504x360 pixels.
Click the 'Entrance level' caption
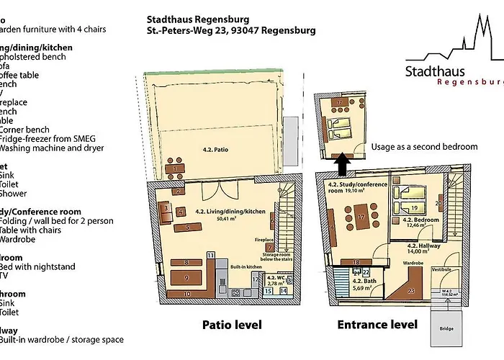(377, 325)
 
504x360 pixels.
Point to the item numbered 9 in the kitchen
(186, 276)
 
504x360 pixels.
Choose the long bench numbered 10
(186, 294)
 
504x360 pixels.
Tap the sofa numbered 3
(166, 210)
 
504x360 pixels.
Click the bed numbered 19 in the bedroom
(415, 209)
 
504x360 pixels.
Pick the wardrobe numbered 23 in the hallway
(410, 291)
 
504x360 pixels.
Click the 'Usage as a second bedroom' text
(424, 147)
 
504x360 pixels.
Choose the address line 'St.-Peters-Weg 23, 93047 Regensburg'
(230, 31)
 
